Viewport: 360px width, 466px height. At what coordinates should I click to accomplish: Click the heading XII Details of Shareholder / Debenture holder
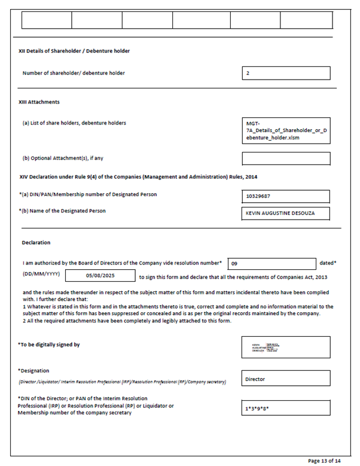point(74,51)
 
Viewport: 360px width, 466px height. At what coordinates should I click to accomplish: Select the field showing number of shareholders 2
point(286,73)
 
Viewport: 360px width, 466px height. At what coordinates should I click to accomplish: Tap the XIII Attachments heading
point(39,102)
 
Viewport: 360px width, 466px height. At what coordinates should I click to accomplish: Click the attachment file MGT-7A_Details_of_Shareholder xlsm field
point(286,130)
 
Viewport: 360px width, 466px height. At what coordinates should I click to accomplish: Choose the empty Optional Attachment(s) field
point(286,159)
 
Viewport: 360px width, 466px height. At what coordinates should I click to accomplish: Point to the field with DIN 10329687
point(286,196)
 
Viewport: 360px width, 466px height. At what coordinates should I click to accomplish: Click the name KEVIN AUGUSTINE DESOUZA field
point(286,213)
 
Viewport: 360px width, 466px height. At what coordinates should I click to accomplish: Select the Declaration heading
point(36,243)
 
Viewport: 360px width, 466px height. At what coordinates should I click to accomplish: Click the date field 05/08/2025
point(100,276)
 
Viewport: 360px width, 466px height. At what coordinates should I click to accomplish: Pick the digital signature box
point(286,347)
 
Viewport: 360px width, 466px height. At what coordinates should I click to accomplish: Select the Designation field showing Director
point(286,379)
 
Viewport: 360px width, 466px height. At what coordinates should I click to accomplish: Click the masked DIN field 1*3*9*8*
point(286,408)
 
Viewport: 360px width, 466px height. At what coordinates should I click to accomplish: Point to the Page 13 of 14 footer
point(324,461)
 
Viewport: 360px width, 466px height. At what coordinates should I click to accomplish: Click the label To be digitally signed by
point(49,345)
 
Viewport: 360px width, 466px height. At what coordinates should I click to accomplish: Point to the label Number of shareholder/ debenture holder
point(74,73)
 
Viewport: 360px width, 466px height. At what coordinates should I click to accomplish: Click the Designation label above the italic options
point(33,371)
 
